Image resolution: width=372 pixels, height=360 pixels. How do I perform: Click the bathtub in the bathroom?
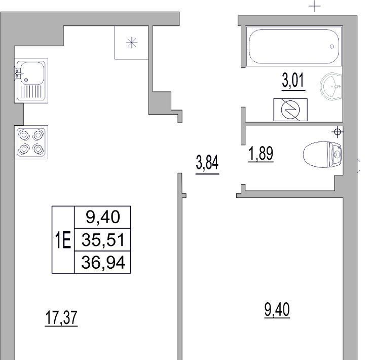pos(294,46)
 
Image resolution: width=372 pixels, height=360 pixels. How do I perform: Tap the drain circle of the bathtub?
pos(331,47)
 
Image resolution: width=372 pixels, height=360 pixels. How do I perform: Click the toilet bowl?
pos(322,155)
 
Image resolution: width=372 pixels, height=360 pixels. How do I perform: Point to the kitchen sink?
pos(31,81)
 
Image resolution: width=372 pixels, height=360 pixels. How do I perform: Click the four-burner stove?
pos(31,142)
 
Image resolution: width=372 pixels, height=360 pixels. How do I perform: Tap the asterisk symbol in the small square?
pos(132,43)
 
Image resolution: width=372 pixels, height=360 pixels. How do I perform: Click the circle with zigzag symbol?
pos(290,110)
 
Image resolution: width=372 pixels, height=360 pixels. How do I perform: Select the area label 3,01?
pos(293,82)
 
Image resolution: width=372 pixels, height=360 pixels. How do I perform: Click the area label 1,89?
pos(261,154)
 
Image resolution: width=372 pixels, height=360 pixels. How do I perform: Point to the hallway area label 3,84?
pos(207,164)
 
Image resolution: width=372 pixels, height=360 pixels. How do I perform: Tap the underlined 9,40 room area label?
pos(277,310)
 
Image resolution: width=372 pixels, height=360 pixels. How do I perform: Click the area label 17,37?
pos(61,318)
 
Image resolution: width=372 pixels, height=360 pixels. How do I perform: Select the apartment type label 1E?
pos(63,240)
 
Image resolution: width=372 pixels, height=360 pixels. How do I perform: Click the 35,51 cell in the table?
pos(102,240)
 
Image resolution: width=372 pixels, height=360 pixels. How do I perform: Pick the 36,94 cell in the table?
pos(102,262)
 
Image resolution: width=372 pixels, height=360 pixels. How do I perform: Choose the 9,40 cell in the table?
pos(102,218)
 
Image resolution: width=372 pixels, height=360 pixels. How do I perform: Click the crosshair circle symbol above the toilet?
pos(338,132)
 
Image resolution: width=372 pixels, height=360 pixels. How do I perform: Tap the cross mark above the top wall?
pos(315,6)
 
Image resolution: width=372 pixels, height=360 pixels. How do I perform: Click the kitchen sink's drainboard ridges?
pos(31,91)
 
